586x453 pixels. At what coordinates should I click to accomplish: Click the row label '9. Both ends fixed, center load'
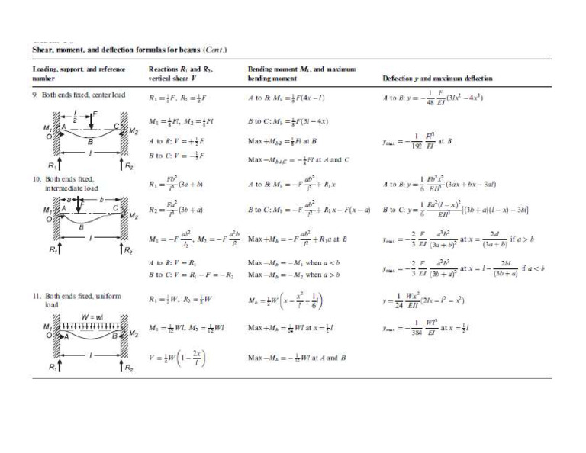tap(72, 95)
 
